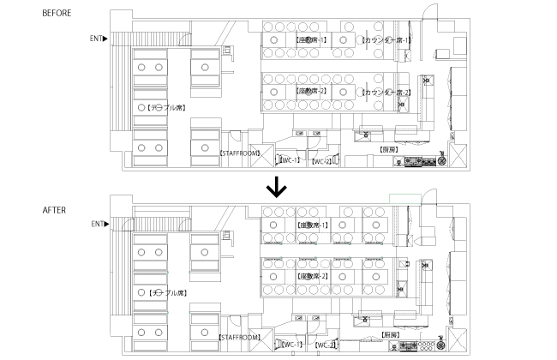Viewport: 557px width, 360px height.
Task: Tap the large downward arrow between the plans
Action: [276, 187]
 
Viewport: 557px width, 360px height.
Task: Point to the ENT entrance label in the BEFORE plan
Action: [99, 39]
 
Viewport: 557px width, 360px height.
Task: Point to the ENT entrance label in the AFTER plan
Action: [99, 225]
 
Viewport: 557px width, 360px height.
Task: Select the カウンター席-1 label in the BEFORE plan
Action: [386, 40]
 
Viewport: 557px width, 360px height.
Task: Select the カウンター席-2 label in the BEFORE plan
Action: [386, 92]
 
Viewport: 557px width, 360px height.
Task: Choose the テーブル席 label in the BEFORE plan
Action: [165, 108]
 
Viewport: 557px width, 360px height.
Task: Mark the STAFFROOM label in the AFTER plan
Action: [239, 338]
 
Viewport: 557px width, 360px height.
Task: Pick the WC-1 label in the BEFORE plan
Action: [289, 159]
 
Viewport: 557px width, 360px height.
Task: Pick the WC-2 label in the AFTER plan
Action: [325, 345]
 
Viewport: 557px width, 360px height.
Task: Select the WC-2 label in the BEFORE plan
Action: [321, 161]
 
